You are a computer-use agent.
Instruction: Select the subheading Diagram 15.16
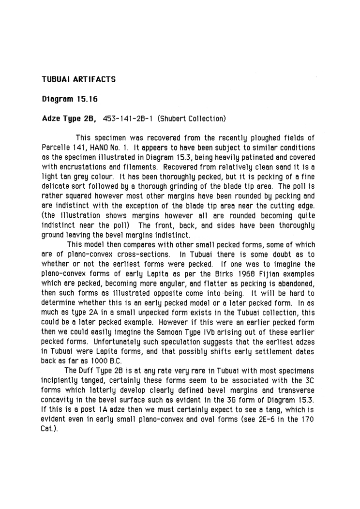tap(70, 100)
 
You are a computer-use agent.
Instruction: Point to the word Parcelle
tap(58, 147)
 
